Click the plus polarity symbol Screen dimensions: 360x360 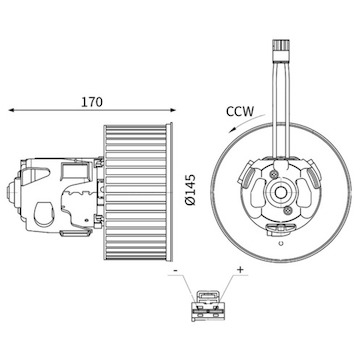tap(240, 270)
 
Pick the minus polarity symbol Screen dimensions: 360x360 tap(176, 270)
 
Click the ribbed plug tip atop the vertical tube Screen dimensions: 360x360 tap(279, 49)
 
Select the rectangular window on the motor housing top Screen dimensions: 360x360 tap(75, 169)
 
